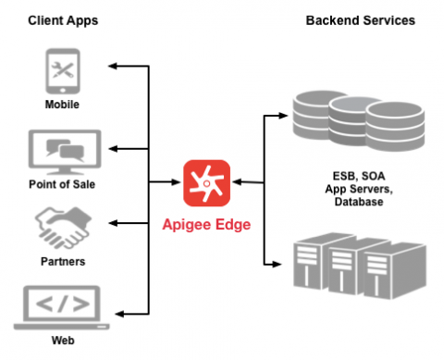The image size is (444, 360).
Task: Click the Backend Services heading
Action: tap(360, 19)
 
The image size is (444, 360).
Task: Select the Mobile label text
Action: tap(62, 104)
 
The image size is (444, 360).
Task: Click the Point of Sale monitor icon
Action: tap(62, 150)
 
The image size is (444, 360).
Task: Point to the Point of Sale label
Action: tap(62, 183)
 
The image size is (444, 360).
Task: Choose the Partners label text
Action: tap(62, 262)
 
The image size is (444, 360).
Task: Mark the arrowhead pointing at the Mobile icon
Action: tap(113, 67)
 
